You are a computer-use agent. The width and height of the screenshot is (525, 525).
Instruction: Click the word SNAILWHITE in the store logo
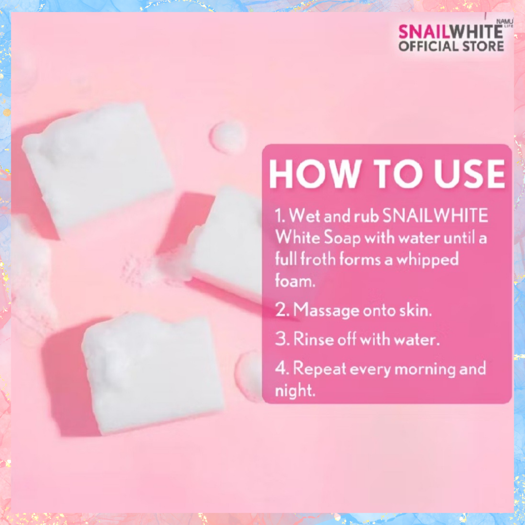451,32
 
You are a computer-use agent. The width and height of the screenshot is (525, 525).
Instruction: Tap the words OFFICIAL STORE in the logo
451,46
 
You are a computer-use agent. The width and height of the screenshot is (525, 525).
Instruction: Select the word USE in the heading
470,174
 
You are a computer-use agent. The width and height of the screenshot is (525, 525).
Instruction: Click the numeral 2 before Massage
280,310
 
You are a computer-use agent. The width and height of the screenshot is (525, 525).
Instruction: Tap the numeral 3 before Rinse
280,339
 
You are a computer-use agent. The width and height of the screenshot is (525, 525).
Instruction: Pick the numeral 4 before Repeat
281,368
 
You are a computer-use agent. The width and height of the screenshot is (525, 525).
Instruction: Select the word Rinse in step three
314,339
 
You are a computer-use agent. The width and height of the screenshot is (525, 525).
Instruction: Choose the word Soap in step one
342,238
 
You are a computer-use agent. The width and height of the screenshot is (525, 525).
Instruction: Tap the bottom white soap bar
152,373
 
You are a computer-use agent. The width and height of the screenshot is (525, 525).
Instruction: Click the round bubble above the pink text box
227,137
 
